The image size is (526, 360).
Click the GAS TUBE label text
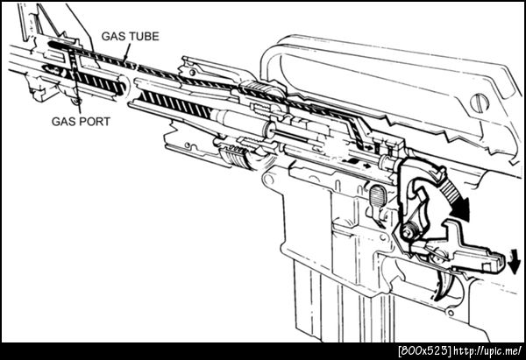click(x=130, y=36)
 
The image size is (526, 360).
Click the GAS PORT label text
click(x=81, y=122)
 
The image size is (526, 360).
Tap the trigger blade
click(x=445, y=287)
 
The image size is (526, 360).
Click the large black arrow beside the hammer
click(x=455, y=199)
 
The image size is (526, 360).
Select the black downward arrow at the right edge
click(x=514, y=261)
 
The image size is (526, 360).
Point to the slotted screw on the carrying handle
click(x=480, y=102)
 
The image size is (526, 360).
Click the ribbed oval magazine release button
click(x=378, y=195)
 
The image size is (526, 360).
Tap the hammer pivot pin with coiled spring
click(x=409, y=231)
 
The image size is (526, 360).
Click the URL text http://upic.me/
click(x=487, y=351)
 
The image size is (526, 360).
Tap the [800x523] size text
click(x=424, y=351)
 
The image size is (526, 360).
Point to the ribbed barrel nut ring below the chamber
click(x=235, y=157)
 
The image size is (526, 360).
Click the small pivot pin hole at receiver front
click(x=268, y=180)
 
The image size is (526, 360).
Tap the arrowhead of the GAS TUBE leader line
click(x=125, y=59)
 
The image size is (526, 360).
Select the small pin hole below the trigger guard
click(x=451, y=314)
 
